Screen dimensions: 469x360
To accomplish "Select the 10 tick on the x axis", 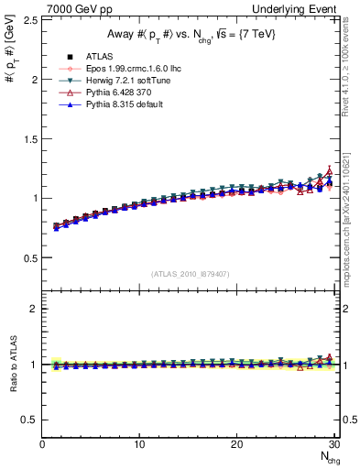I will point(139,444).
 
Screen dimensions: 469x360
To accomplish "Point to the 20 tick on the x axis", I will point(236,444).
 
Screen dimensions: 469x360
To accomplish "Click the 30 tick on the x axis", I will point(333,444).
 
